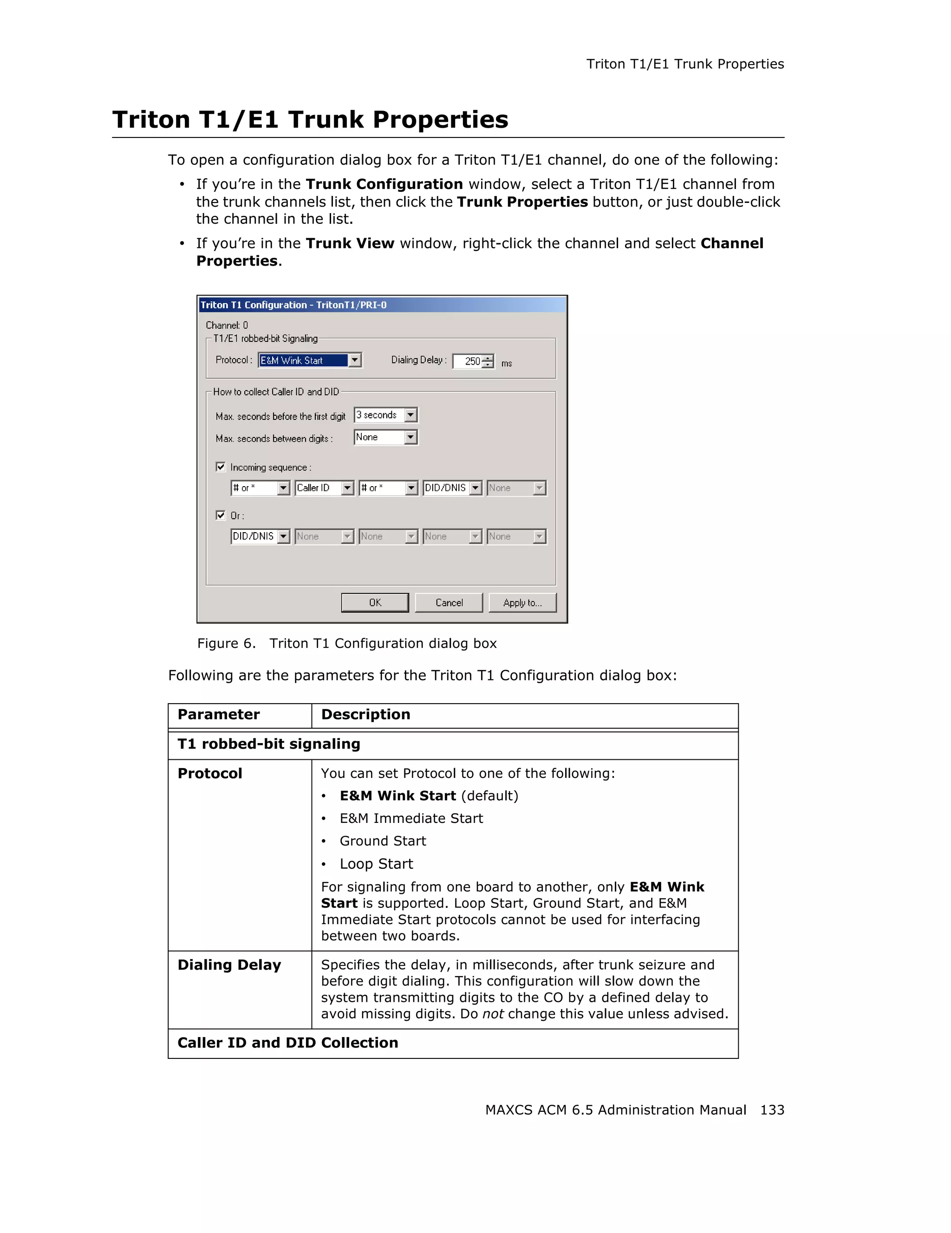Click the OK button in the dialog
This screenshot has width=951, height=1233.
click(375, 602)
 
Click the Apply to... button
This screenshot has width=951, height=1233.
click(522, 602)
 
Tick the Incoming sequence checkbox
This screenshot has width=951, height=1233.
click(221, 467)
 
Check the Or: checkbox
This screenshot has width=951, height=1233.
click(221, 515)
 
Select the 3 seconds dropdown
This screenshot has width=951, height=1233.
click(385, 415)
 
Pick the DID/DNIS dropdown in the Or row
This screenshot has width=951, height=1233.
click(260, 536)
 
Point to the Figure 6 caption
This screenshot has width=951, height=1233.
click(346, 644)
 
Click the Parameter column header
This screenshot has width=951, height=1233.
click(218, 715)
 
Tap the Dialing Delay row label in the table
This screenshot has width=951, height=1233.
click(229, 965)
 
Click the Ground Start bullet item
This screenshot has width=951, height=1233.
click(383, 841)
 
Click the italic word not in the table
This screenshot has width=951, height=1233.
click(493, 1014)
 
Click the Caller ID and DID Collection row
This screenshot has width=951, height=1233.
click(288, 1043)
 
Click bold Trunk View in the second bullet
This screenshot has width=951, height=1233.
click(349, 243)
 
